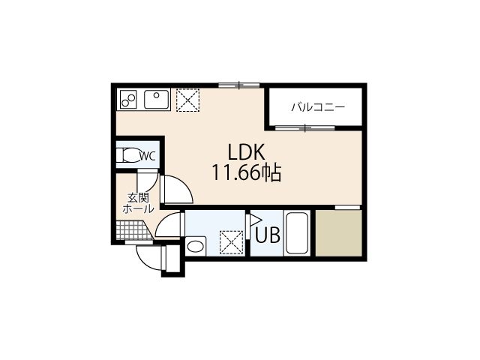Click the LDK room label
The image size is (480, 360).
click(246, 152)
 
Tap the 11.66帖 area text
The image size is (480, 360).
click(246, 172)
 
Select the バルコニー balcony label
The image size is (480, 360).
click(318, 107)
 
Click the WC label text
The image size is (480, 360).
click(148, 156)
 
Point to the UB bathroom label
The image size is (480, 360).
click(268, 235)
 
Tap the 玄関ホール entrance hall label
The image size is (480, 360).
click(138, 203)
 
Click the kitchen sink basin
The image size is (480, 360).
click(157, 99)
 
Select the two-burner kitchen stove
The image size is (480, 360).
click(128, 99)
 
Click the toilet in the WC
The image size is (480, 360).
click(127, 156)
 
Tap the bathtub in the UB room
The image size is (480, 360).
click(296, 233)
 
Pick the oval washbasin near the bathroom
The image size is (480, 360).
click(196, 247)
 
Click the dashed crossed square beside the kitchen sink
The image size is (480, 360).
click(187, 100)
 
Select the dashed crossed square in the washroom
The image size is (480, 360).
click(232, 242)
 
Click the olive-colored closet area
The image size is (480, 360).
click(338, 233)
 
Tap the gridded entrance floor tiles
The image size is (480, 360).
click(133, 230)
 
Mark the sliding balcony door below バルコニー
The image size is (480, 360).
click(305, 128)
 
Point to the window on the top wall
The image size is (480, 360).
click(239, 85)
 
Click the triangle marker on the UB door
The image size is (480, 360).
click(256, 220)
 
